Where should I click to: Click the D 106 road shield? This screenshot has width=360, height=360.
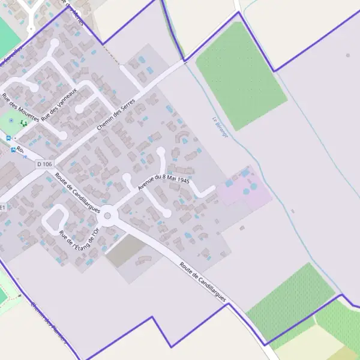pos(44,164)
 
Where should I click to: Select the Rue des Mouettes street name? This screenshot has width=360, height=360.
pos(20,107)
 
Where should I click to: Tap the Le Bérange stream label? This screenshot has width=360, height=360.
pos(220,127)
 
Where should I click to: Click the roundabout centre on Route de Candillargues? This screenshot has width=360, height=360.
pos(108,215)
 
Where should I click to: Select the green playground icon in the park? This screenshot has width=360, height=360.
pos(23,123)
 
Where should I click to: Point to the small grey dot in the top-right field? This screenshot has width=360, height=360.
pos(348,55)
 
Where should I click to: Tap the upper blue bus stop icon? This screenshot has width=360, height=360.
pos(8,138)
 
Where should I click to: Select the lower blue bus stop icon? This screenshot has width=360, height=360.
pos(13,150)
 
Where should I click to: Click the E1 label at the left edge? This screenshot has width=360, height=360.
pos(2,207)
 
